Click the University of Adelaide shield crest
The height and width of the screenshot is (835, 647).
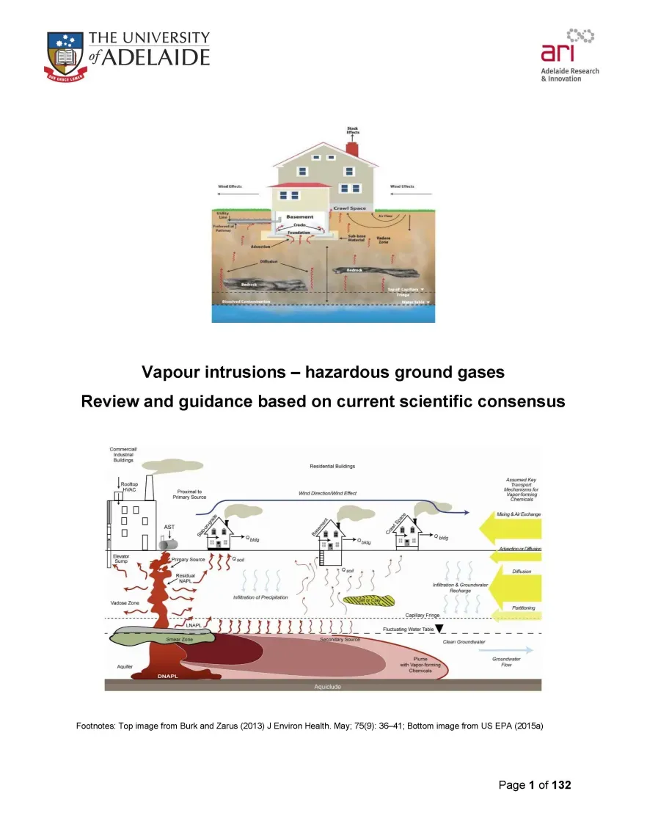coord(67,54)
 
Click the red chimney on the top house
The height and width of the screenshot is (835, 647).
coord(352,149)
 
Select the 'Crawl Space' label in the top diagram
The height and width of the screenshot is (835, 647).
coord(348,208)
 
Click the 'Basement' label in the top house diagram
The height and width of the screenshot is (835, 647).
coord(300,216)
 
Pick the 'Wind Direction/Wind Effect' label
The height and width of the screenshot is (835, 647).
coord(327,493)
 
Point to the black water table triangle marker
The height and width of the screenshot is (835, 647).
coord(439,629)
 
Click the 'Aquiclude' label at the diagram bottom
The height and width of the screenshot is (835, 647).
coord(327,687)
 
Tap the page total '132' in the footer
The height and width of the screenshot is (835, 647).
coord(561,785)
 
